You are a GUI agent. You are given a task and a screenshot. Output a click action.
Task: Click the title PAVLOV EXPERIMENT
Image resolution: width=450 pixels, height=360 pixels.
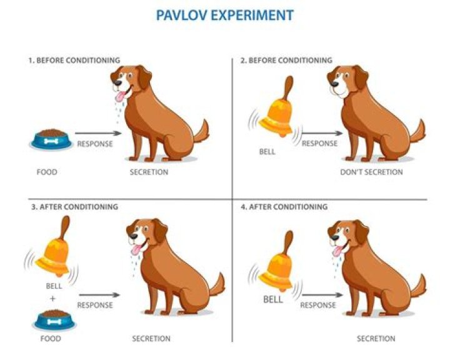click(x=225, y=15)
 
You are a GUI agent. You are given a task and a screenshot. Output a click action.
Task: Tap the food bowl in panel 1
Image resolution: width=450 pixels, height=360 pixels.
click(x=51, y=139)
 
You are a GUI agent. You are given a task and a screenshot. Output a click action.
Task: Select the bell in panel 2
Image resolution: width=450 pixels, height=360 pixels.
click(x=276, y=107)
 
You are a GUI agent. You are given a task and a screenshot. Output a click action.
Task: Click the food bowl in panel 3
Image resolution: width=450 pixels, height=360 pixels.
click(x=54, y=320)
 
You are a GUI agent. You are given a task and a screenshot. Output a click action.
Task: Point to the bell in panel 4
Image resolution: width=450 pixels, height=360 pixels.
click(x=276, y=261)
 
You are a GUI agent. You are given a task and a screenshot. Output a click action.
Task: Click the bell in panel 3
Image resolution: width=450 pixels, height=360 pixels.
click(x=53, y=247)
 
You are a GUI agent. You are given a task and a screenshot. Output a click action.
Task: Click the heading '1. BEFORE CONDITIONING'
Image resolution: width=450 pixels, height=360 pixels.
click(x=74, y=60)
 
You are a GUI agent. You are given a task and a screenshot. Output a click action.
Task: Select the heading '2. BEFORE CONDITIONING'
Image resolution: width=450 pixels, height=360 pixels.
click(x=286, y=60)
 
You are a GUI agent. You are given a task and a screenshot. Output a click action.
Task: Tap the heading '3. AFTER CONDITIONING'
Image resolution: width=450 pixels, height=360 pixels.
click(x=74, y=207)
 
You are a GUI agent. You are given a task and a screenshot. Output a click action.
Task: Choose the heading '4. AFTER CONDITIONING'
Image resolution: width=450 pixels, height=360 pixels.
click(x=284, y=207)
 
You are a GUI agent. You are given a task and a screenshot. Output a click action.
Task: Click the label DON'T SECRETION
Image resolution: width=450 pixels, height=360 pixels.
click(x=371, y=172)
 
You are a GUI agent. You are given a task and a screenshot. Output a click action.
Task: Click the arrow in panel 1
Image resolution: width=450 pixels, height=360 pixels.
click(x=98, y=133)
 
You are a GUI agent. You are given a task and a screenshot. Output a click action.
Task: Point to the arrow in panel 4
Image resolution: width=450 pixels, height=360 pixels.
click(x=322, y=294)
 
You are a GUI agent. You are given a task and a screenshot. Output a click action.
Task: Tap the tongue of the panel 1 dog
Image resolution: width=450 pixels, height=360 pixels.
click(x=120, y=96)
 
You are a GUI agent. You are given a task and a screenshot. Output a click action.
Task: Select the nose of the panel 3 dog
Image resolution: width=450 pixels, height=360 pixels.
click(x=133, y=236)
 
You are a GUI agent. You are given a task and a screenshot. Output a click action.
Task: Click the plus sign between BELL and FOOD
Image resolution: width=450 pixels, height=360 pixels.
click(x=52, y=299)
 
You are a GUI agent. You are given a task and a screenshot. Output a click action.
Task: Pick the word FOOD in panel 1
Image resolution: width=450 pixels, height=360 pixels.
click(x=47, y=172)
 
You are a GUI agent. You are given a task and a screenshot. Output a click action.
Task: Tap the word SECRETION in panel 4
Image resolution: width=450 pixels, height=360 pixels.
click(x=376, y=339)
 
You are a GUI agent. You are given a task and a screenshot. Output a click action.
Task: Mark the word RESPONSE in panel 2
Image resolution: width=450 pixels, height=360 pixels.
click(x=319, y=143)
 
